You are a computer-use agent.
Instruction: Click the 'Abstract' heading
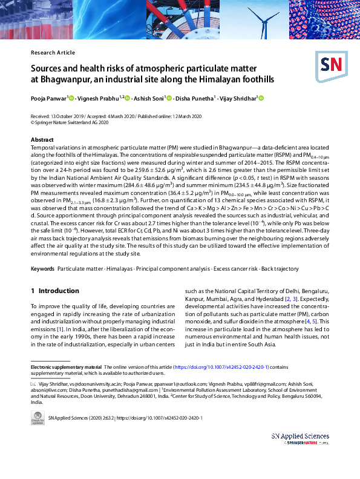click(42, 139)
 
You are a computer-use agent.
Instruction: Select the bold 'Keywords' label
click(42, 268)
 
